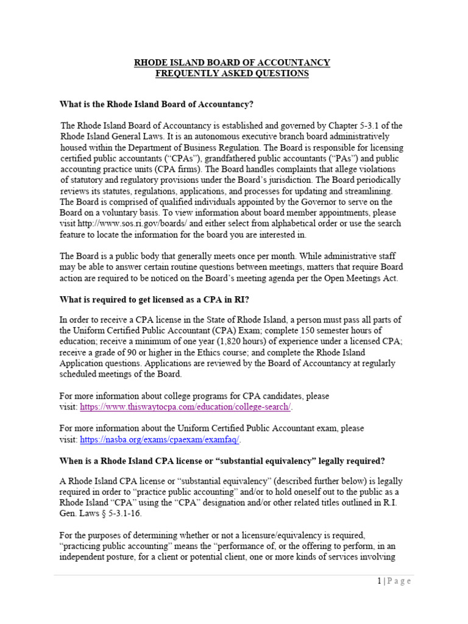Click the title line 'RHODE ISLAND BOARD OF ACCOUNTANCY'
pyautogui.click(x=232, y=63)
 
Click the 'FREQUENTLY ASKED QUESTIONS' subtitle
pyautogui.click(x=232, y=74)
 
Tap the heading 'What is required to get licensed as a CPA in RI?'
pyautogui.click(x=154, y=299)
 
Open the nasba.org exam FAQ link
pyautogui.click(x=161, y=439)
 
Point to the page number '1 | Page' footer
pyautogui.click(x=394, y=581)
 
